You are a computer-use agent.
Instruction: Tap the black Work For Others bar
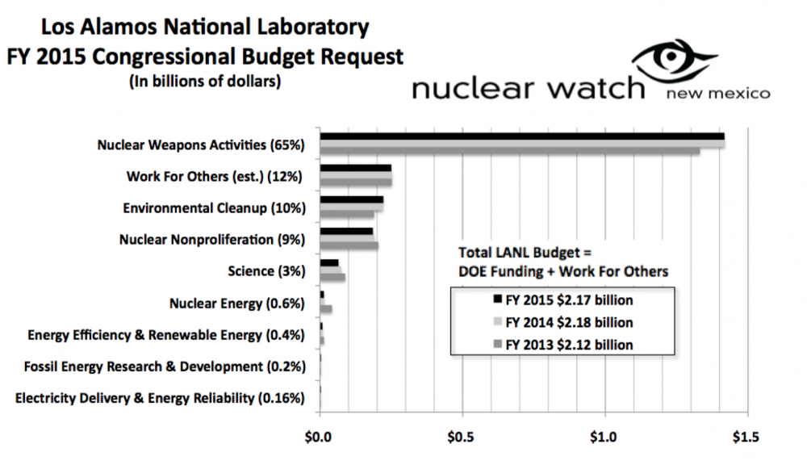pyautogui.click(x=355, y=168)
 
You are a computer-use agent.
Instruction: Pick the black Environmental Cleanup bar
pyautogui.click(x=351, y=199)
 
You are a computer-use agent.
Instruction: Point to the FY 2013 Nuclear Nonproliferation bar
pyautogui.click(x=349, y=245)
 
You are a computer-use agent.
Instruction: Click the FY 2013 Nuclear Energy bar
pyautogui.click(x=326, y=308)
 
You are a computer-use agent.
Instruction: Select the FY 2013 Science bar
pyautogui.click(x=332, y=278)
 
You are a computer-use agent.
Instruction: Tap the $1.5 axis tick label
pyautogui.click(x=746, y=438)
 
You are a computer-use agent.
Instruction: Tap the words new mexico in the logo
pyautogui.click(x=717, y=94)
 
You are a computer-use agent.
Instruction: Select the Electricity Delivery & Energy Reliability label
pyautogui.click(x=160, y=397)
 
